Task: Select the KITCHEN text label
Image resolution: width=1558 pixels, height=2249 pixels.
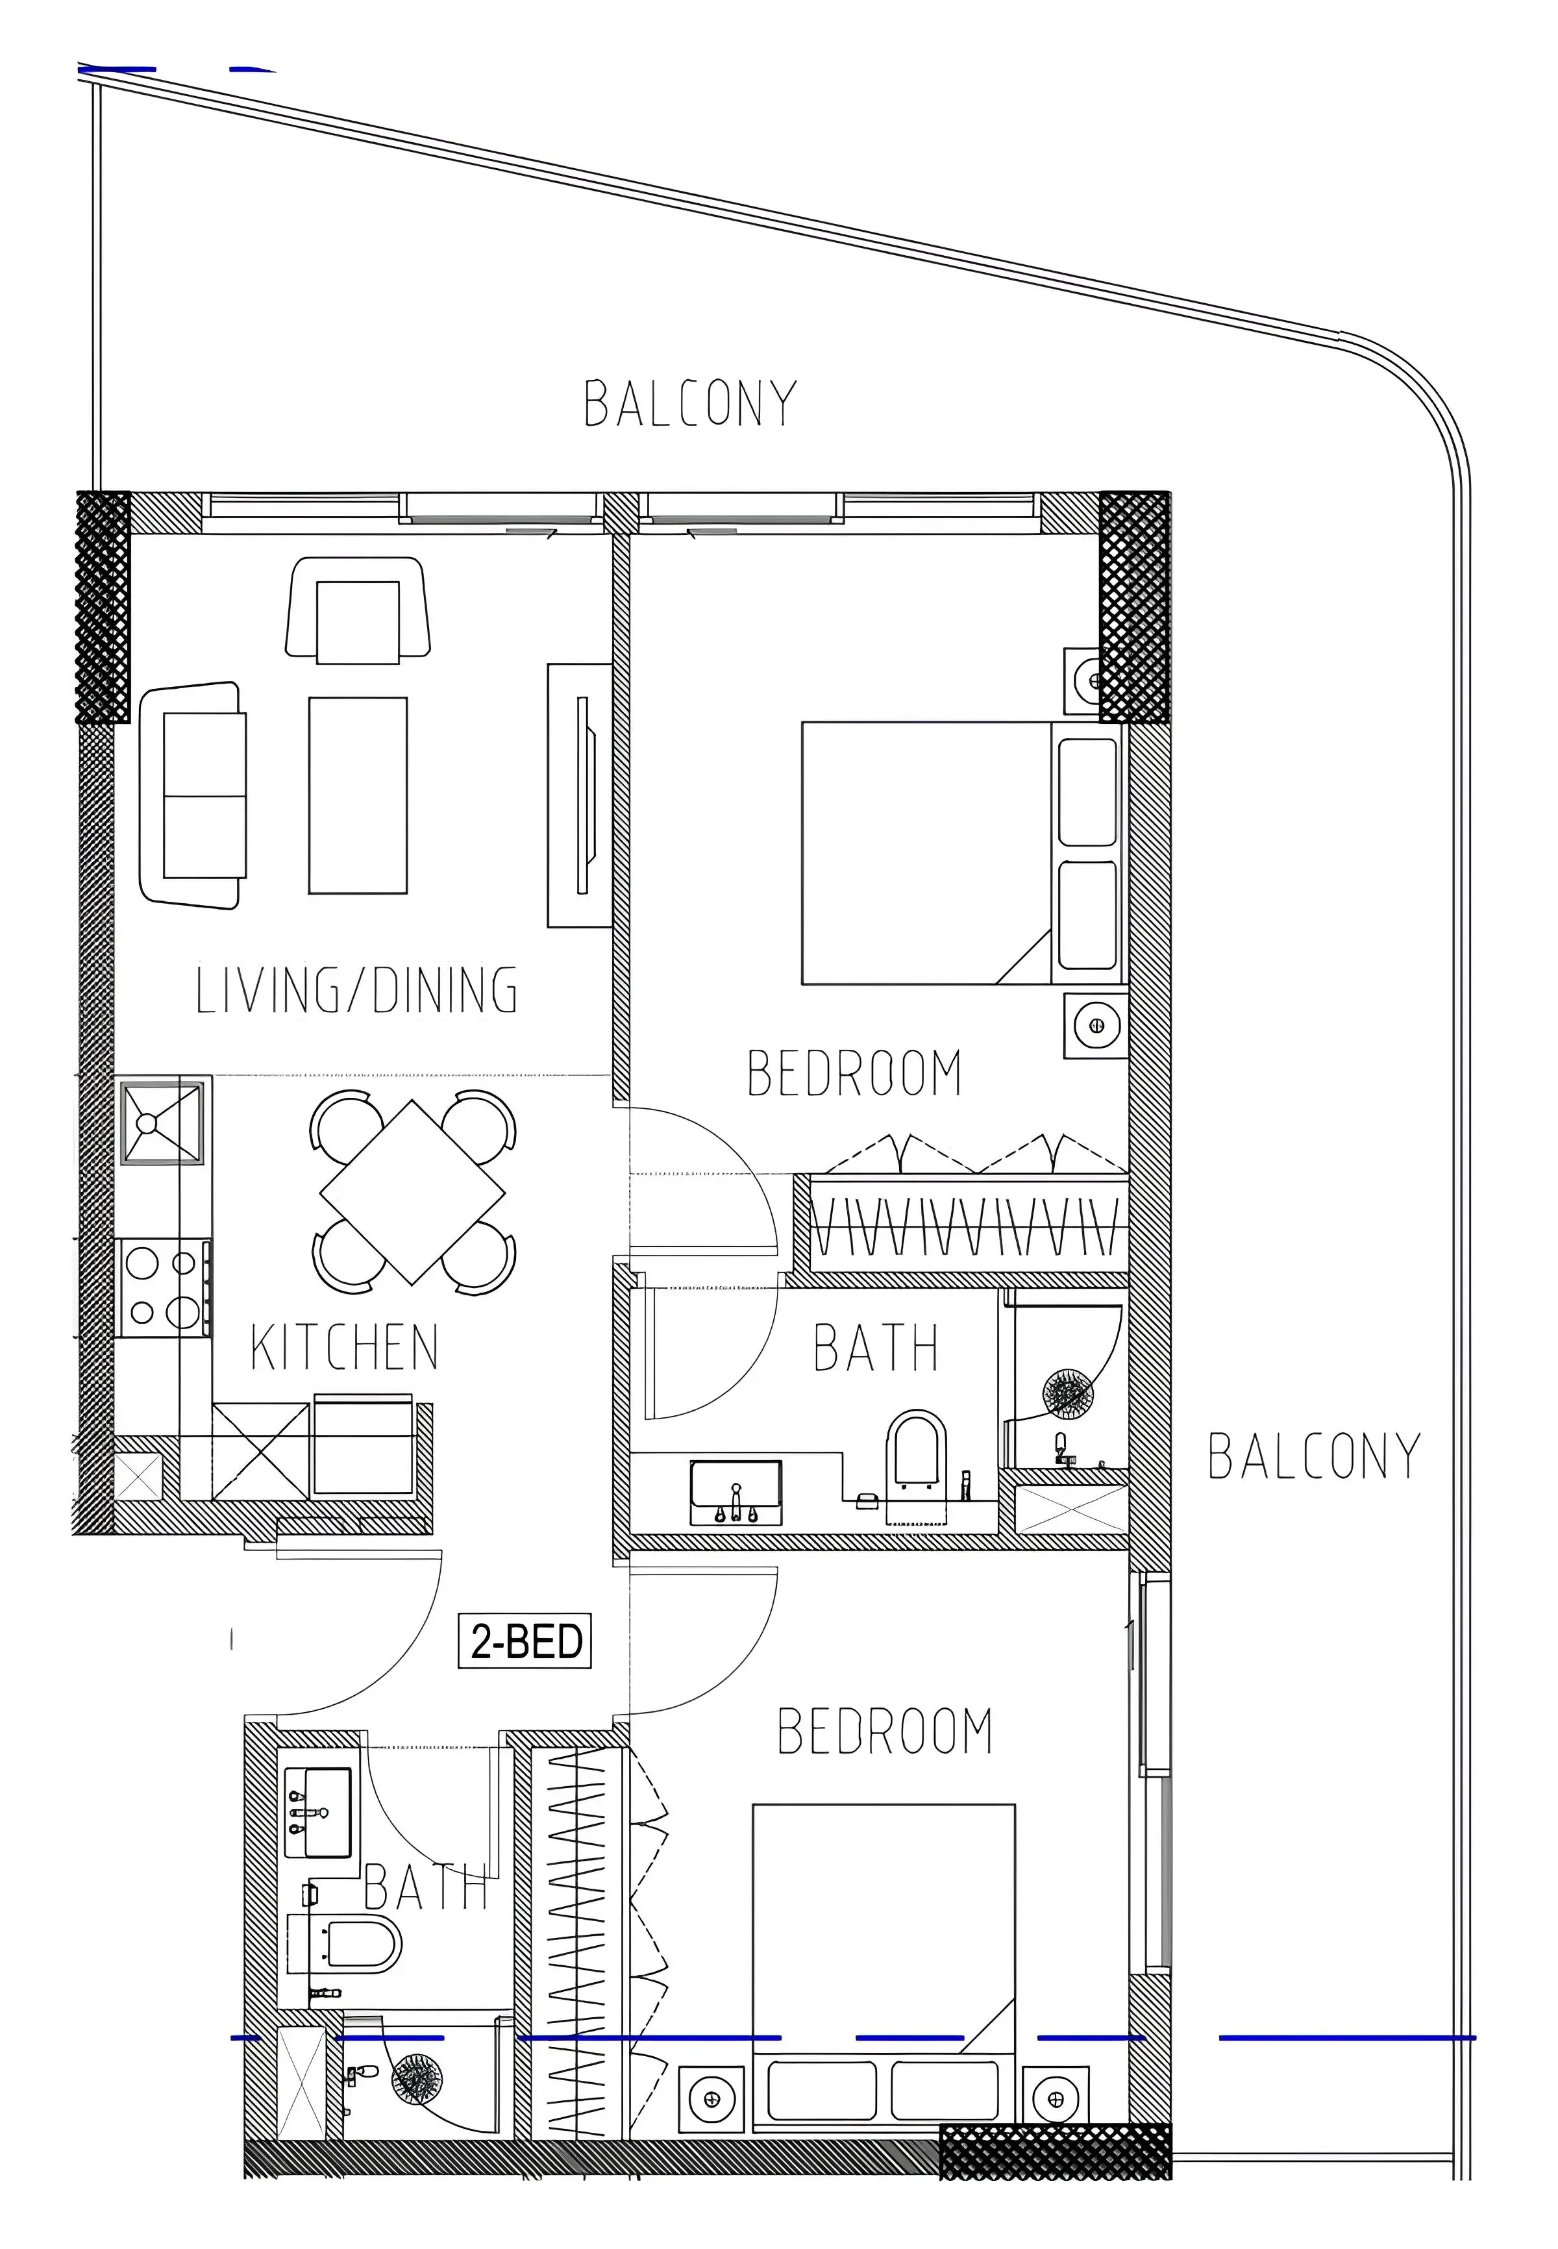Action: (x=345, y=1347)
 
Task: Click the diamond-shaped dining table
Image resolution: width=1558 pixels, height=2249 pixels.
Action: (x=413, y=1192)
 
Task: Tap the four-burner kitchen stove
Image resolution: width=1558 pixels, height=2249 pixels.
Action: (x=163, y=1289)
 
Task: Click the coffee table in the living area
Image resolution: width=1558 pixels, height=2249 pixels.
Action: (x=357, y=795)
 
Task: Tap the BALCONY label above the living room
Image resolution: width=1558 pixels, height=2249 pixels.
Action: (x=690, y=404)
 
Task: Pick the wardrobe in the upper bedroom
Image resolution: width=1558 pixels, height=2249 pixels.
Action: (x=961, y=1225)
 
